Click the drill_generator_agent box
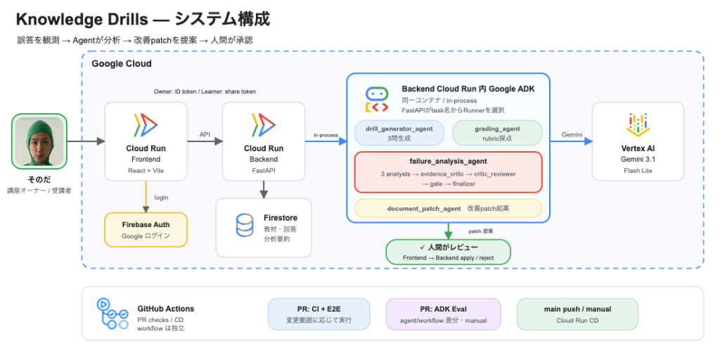[399, 133]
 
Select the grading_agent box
[497, 133]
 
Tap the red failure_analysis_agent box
[448, 172]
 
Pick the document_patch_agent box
[448, 208]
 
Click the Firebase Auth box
[146, 230]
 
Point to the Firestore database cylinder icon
[244, 225]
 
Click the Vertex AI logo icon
[638, 124]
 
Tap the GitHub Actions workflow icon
[112, 314]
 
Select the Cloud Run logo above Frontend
[146, 125]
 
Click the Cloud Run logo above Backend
[264, 125]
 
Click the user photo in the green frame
[39, 141]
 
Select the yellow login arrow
[146, 197]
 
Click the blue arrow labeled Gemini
[571, 141]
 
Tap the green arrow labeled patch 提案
[448, 231]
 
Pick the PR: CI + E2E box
[319, 314]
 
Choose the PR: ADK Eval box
[443, 314]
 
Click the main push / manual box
[577, 314]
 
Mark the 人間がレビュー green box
[448, 252]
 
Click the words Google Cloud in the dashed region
[122, 64]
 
